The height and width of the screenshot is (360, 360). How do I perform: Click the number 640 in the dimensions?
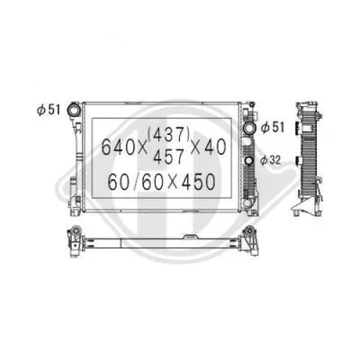click(x=121, y=145)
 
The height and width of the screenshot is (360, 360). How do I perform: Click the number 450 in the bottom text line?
click(x=197, y=182)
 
